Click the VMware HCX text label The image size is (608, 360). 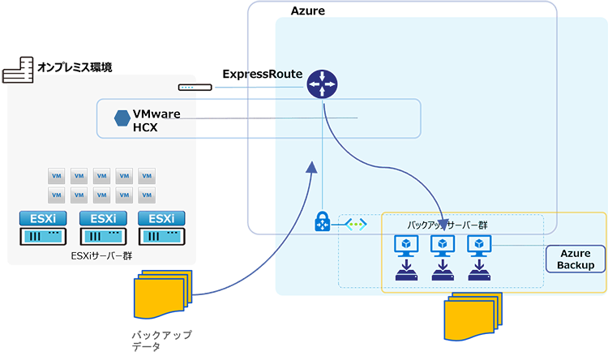[x=156, y=120]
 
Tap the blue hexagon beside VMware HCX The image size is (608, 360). [x=122, y=118]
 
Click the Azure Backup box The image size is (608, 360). [x=576, y=259]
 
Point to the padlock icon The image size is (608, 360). [x=320, y=221]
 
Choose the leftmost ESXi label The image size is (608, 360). [x=43, y=218]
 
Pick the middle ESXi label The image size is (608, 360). [x=102, y=218]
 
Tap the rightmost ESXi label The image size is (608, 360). [x=161, y=218]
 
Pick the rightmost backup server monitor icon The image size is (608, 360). [x=479, y=245]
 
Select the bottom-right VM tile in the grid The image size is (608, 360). [x=147, y=194]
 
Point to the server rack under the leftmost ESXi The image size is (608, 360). [x=43, y=237]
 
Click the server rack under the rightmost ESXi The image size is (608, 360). [x=161, y=237]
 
